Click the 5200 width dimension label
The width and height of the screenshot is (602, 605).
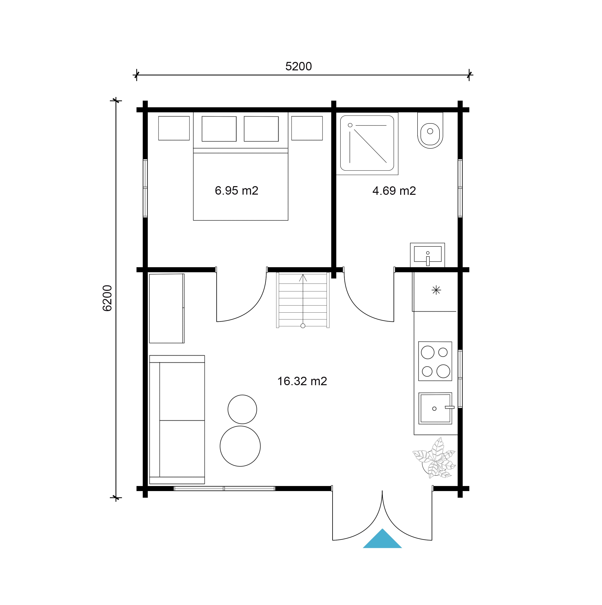298,66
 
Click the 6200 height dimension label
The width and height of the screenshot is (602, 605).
107,298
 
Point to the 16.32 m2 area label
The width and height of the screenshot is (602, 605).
302,381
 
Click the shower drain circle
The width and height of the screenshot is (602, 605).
350,125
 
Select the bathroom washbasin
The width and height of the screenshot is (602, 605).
427,254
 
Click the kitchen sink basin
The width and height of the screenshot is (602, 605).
435,408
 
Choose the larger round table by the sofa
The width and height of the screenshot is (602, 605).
240,446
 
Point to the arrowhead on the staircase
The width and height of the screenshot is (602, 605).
303,278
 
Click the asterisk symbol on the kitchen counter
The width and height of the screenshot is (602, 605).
436,290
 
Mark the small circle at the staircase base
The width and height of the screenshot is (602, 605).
303,326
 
